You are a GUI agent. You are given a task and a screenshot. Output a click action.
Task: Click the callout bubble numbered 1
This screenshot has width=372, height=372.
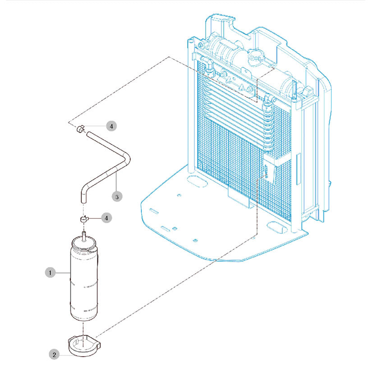[x=50, y=272]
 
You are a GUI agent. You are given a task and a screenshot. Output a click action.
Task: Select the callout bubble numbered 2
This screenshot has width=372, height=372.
[x=54, y=354]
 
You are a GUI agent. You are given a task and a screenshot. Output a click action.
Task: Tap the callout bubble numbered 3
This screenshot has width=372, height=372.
[x=117, y=197]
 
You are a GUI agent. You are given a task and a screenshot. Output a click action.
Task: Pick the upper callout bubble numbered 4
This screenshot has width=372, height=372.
[x=111, y=126]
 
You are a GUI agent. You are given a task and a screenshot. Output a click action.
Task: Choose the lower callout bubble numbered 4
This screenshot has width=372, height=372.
[x=106, y=218]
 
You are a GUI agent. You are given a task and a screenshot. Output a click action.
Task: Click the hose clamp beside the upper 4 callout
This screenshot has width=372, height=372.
[x=80, y=129]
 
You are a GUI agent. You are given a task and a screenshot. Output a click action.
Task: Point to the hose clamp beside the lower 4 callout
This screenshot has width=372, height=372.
[x=84, y=219]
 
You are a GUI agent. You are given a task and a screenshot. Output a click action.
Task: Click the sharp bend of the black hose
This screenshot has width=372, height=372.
[x=127, y=158]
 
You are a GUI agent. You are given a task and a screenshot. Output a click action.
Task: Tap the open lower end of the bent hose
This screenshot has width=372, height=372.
[x=83, y=202]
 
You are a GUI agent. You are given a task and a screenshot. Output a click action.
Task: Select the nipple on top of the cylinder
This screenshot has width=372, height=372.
[x=83, y=236]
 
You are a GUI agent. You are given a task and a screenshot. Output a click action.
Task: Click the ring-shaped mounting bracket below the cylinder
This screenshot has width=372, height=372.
[x=84, y=345]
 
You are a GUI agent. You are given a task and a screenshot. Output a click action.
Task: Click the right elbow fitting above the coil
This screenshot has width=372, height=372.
[x=269, y=99]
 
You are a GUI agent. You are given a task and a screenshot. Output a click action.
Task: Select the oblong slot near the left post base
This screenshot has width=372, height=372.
[x=197, y=180]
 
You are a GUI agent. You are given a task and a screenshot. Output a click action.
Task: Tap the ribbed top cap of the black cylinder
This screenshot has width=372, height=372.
[x=84, y=244]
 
